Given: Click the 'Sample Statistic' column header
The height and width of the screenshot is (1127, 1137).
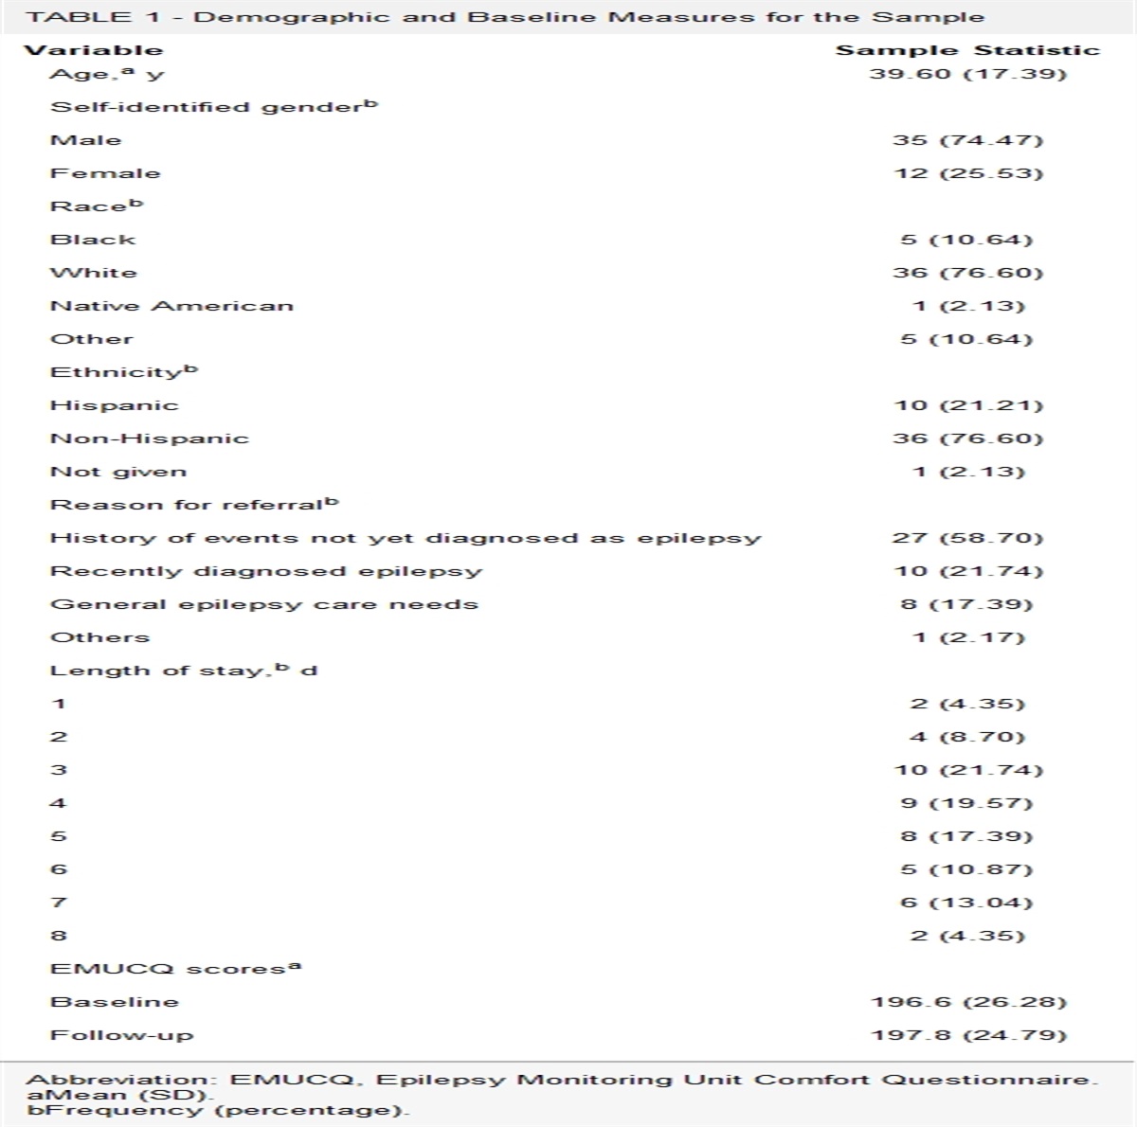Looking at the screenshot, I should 967,51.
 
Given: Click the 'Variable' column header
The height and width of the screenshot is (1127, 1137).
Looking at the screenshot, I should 93,51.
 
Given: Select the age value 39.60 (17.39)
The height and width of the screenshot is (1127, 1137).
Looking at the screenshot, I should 967,74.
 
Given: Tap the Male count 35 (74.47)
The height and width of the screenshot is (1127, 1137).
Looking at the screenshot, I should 967,140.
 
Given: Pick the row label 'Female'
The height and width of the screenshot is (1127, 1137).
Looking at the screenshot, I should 105,173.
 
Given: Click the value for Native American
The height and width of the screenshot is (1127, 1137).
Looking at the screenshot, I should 967,306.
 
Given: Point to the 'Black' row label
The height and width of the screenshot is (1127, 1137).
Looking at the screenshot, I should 93,240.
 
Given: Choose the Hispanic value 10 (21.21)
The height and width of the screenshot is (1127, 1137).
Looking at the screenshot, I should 967,405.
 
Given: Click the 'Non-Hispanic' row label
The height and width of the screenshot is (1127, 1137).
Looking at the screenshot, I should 149,438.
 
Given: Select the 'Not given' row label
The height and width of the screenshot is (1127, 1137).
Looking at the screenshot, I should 118,472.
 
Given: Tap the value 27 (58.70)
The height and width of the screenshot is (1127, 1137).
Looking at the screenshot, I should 967,538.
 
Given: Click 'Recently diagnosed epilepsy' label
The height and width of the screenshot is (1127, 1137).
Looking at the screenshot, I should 265,571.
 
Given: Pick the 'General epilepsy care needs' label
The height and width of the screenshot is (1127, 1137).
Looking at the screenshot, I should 263,604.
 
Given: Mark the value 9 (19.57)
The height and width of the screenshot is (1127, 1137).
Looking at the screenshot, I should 967,803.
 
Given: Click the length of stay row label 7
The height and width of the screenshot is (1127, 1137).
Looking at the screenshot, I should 59,903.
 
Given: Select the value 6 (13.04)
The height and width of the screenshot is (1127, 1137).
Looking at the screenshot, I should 967,903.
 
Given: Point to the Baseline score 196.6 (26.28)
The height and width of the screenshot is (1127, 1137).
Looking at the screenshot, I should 967,1002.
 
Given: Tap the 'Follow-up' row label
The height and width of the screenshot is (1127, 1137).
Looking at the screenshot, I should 121,1035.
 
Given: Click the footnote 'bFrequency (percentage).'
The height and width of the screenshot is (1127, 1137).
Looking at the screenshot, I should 218,1110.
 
